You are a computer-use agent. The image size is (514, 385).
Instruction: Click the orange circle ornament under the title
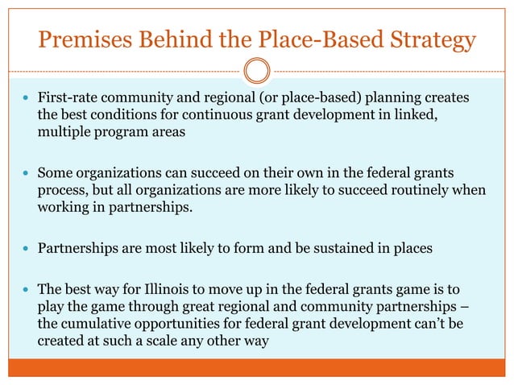(256, 71)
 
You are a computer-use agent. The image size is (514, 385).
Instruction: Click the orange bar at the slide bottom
(256, 369)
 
